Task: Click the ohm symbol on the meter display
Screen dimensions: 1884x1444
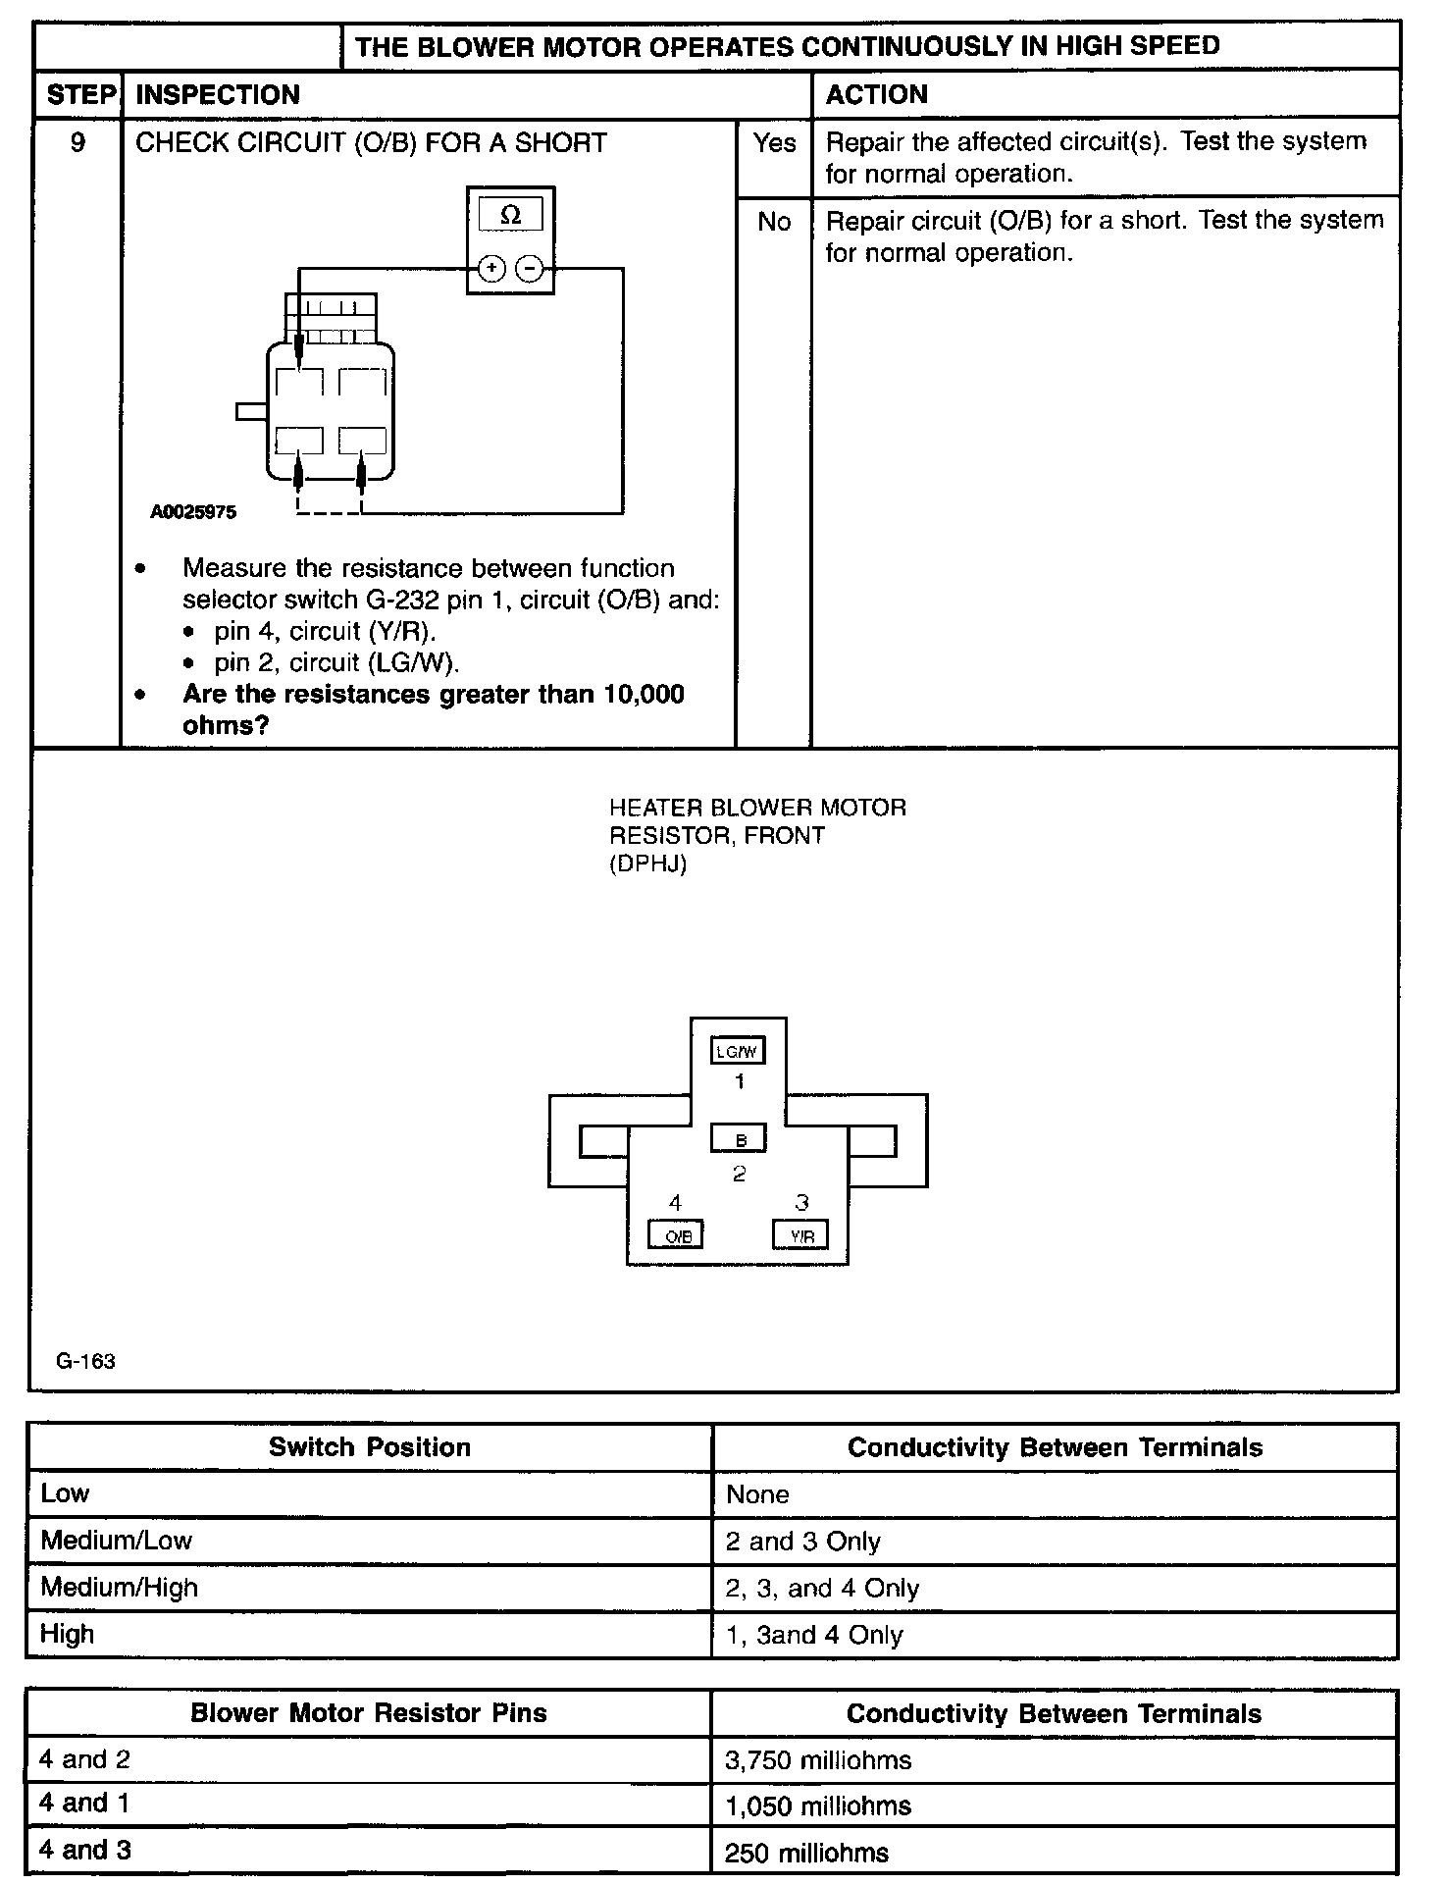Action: (510, 216)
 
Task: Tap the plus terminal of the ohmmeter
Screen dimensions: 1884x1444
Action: (492, 268)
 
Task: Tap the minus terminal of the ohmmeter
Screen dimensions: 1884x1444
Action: (529, 268)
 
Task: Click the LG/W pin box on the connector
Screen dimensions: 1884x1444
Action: (738, 1051)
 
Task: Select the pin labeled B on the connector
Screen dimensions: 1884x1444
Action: (739, 1139)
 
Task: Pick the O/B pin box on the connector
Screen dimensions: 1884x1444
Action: (677, 1235)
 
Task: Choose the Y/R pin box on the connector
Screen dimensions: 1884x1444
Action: (800, 1235)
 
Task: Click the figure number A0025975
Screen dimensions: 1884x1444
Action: (193, 512)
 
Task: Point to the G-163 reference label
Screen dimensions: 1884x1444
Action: (86, 1361)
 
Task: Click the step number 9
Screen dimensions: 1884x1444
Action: (77, 143)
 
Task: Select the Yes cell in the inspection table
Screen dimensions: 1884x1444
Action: (774, 143)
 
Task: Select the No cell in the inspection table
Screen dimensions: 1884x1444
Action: (774, 222)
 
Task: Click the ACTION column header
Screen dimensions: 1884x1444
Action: (876, 94)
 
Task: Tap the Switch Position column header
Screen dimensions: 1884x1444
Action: (370, 1447)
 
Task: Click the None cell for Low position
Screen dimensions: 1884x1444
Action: (757, 1494)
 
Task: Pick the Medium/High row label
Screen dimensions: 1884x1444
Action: (119, 1588)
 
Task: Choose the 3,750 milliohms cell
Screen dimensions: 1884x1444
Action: (818, 1760)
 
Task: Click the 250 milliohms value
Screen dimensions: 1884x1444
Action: (806, 1853)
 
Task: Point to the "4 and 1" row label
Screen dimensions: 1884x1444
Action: (84, 1803)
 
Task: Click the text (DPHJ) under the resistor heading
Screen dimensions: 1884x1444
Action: (647, 863)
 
